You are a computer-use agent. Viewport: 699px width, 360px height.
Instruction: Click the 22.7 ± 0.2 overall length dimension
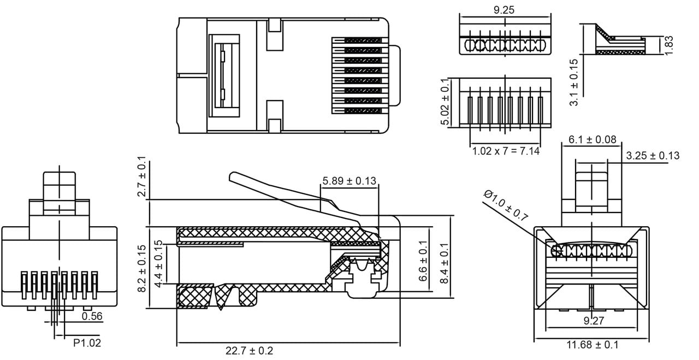(249, 351)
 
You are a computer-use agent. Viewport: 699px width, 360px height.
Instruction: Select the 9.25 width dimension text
(503, 9)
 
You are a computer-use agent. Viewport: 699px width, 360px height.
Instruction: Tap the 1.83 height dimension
(670, 45)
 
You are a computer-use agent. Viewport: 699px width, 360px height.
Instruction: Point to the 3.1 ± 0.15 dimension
(573, 82)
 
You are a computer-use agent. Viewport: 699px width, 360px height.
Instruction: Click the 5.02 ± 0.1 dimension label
(446, 102)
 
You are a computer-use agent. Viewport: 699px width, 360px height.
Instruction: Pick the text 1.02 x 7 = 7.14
(506, 150)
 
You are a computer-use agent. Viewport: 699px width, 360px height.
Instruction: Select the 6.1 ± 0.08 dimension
(592, 139)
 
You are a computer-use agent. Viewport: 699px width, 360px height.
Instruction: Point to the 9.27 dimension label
(594, 321)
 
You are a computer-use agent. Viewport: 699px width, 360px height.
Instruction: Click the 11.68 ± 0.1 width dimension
(593, 345)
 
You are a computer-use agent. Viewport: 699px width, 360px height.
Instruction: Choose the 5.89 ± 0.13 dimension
(349, 181)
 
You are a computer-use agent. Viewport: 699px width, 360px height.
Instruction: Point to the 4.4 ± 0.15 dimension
(159, 265)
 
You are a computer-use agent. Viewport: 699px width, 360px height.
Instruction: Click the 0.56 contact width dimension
(92, 316)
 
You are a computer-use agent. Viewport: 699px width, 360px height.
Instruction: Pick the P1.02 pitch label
(87, 343)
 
